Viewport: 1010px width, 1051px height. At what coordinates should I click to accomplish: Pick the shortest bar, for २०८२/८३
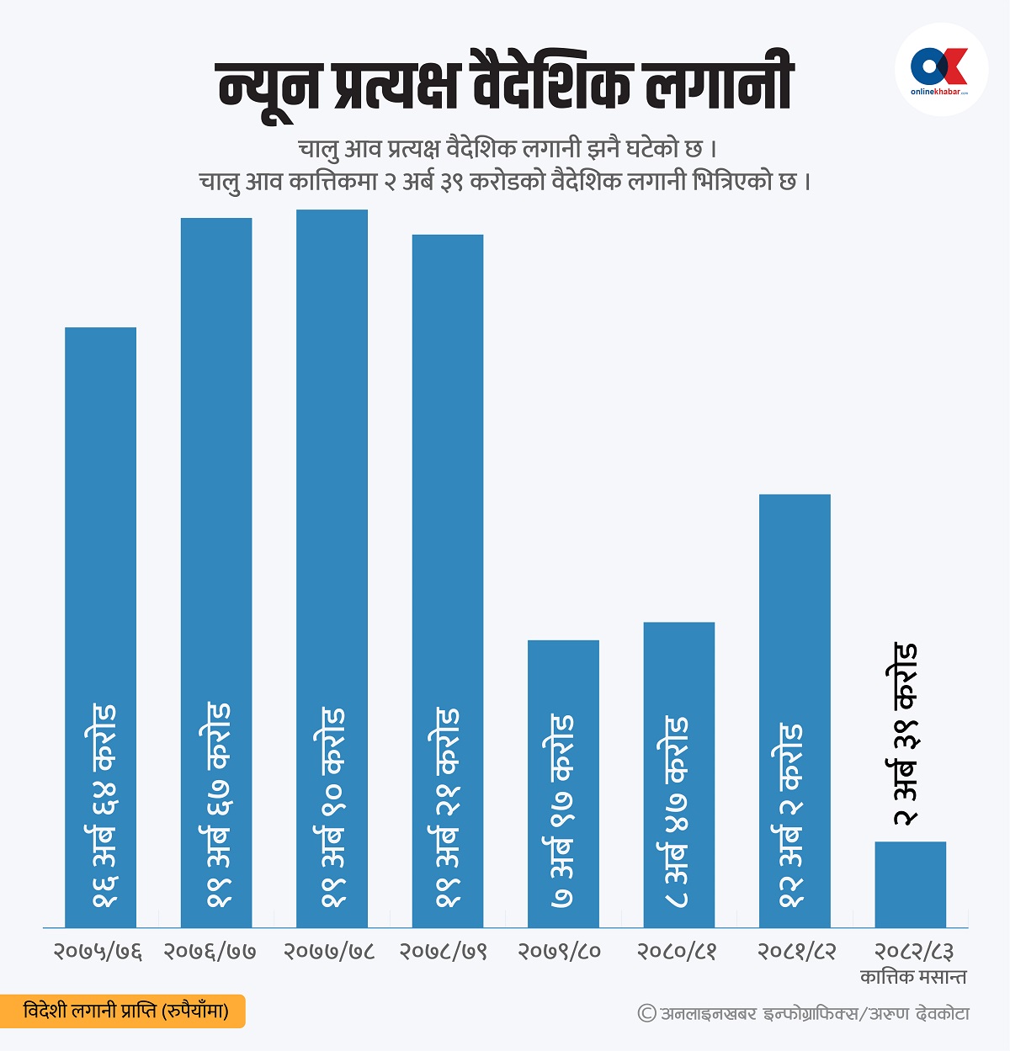point(910,884)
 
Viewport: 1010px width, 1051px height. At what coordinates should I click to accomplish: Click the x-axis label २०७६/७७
point(210,952)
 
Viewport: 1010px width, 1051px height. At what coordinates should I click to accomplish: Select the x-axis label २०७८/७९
point(443,952)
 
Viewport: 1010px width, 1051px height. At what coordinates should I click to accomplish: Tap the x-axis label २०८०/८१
point(677,952)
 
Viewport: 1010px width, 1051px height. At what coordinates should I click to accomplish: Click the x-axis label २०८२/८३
point(913,952)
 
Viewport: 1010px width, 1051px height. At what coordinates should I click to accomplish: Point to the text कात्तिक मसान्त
point(913,977)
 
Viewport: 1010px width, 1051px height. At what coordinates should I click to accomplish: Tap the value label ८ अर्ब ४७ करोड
point(677,812)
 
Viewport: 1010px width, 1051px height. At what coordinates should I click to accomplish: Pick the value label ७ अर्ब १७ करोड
point(562,811)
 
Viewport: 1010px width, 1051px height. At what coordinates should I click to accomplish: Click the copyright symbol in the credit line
point(646,1013)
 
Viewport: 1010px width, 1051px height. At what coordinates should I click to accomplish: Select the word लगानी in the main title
point(720,84)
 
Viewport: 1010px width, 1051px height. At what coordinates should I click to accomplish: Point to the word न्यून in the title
point(270,86)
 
